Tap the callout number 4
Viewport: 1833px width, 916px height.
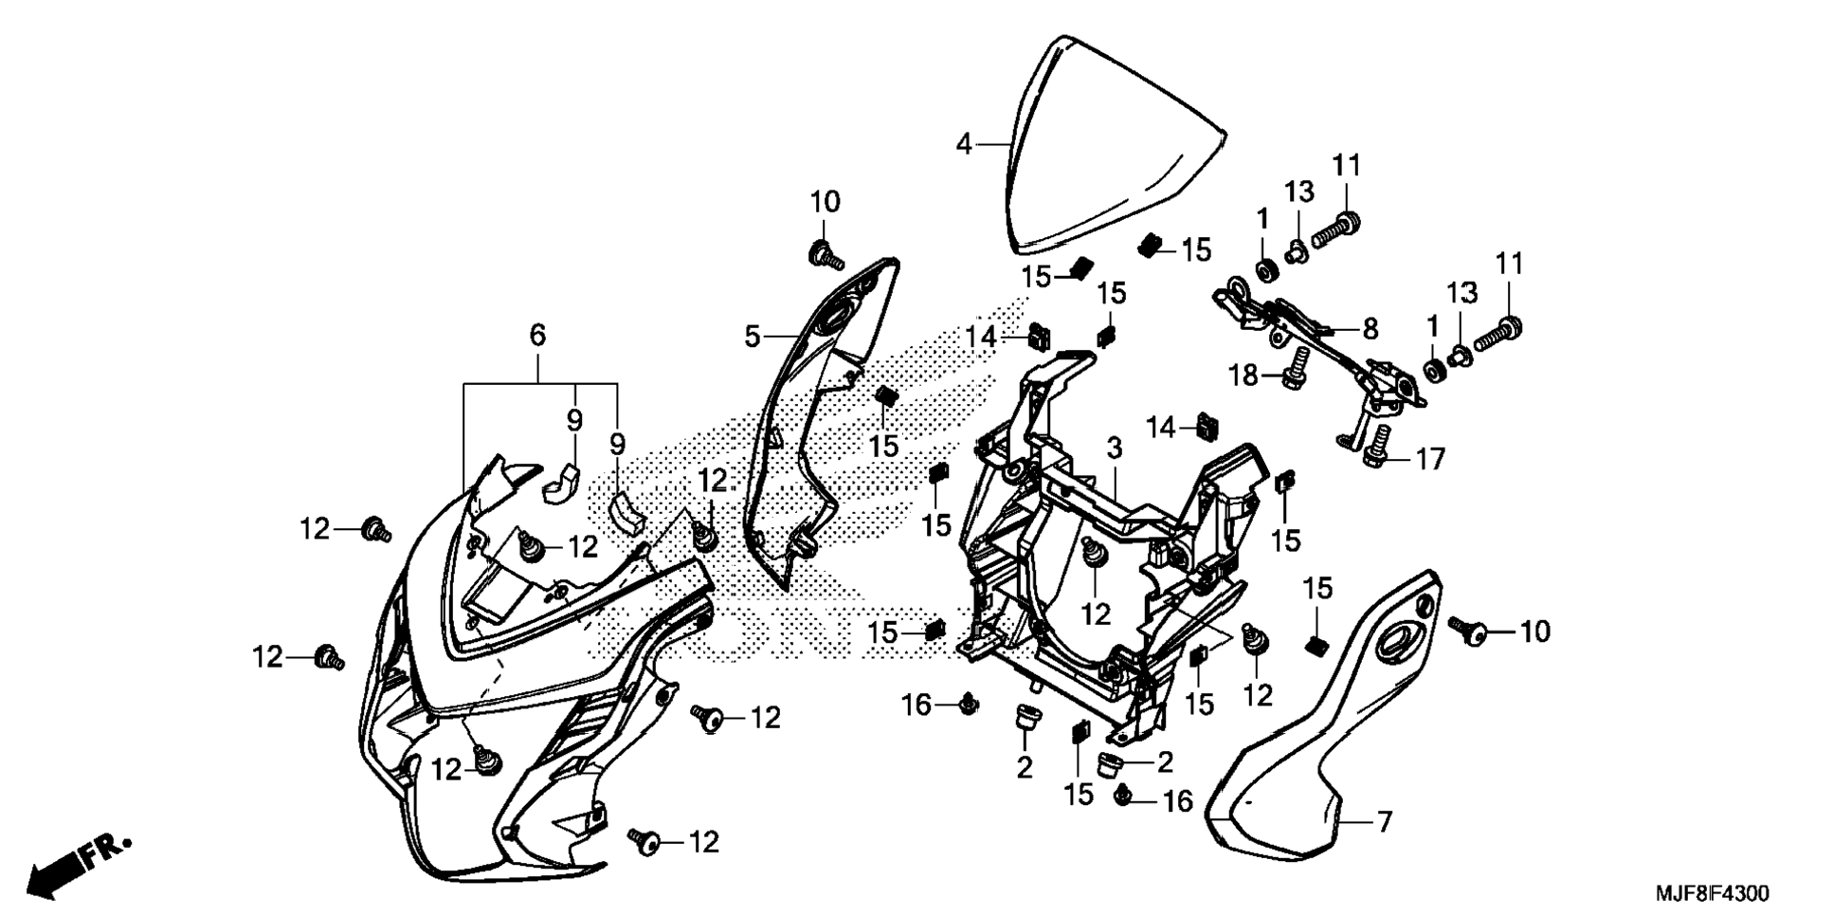[x=964, y=145]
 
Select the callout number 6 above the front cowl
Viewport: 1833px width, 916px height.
[x=537, y=335]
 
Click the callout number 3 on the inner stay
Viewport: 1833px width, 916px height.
[x=1115, y=448]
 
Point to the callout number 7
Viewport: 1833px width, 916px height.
[x=1385, y=822]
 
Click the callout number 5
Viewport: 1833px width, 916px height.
[x=752, y=337]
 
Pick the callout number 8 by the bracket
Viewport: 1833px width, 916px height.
[x=1370, y=329]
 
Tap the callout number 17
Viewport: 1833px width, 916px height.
[x=1430, y=460]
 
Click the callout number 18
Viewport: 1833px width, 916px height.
[x=1243, y=376]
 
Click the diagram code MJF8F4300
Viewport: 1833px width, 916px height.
[x=1712, y=893]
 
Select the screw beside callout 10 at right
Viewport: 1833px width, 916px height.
[x=1468, y=631]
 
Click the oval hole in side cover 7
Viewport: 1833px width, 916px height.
[x=1396, y=642]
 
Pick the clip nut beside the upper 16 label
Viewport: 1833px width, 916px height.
[x=969, y=705]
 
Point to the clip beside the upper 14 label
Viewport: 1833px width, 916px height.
[x=1040, y=336]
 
